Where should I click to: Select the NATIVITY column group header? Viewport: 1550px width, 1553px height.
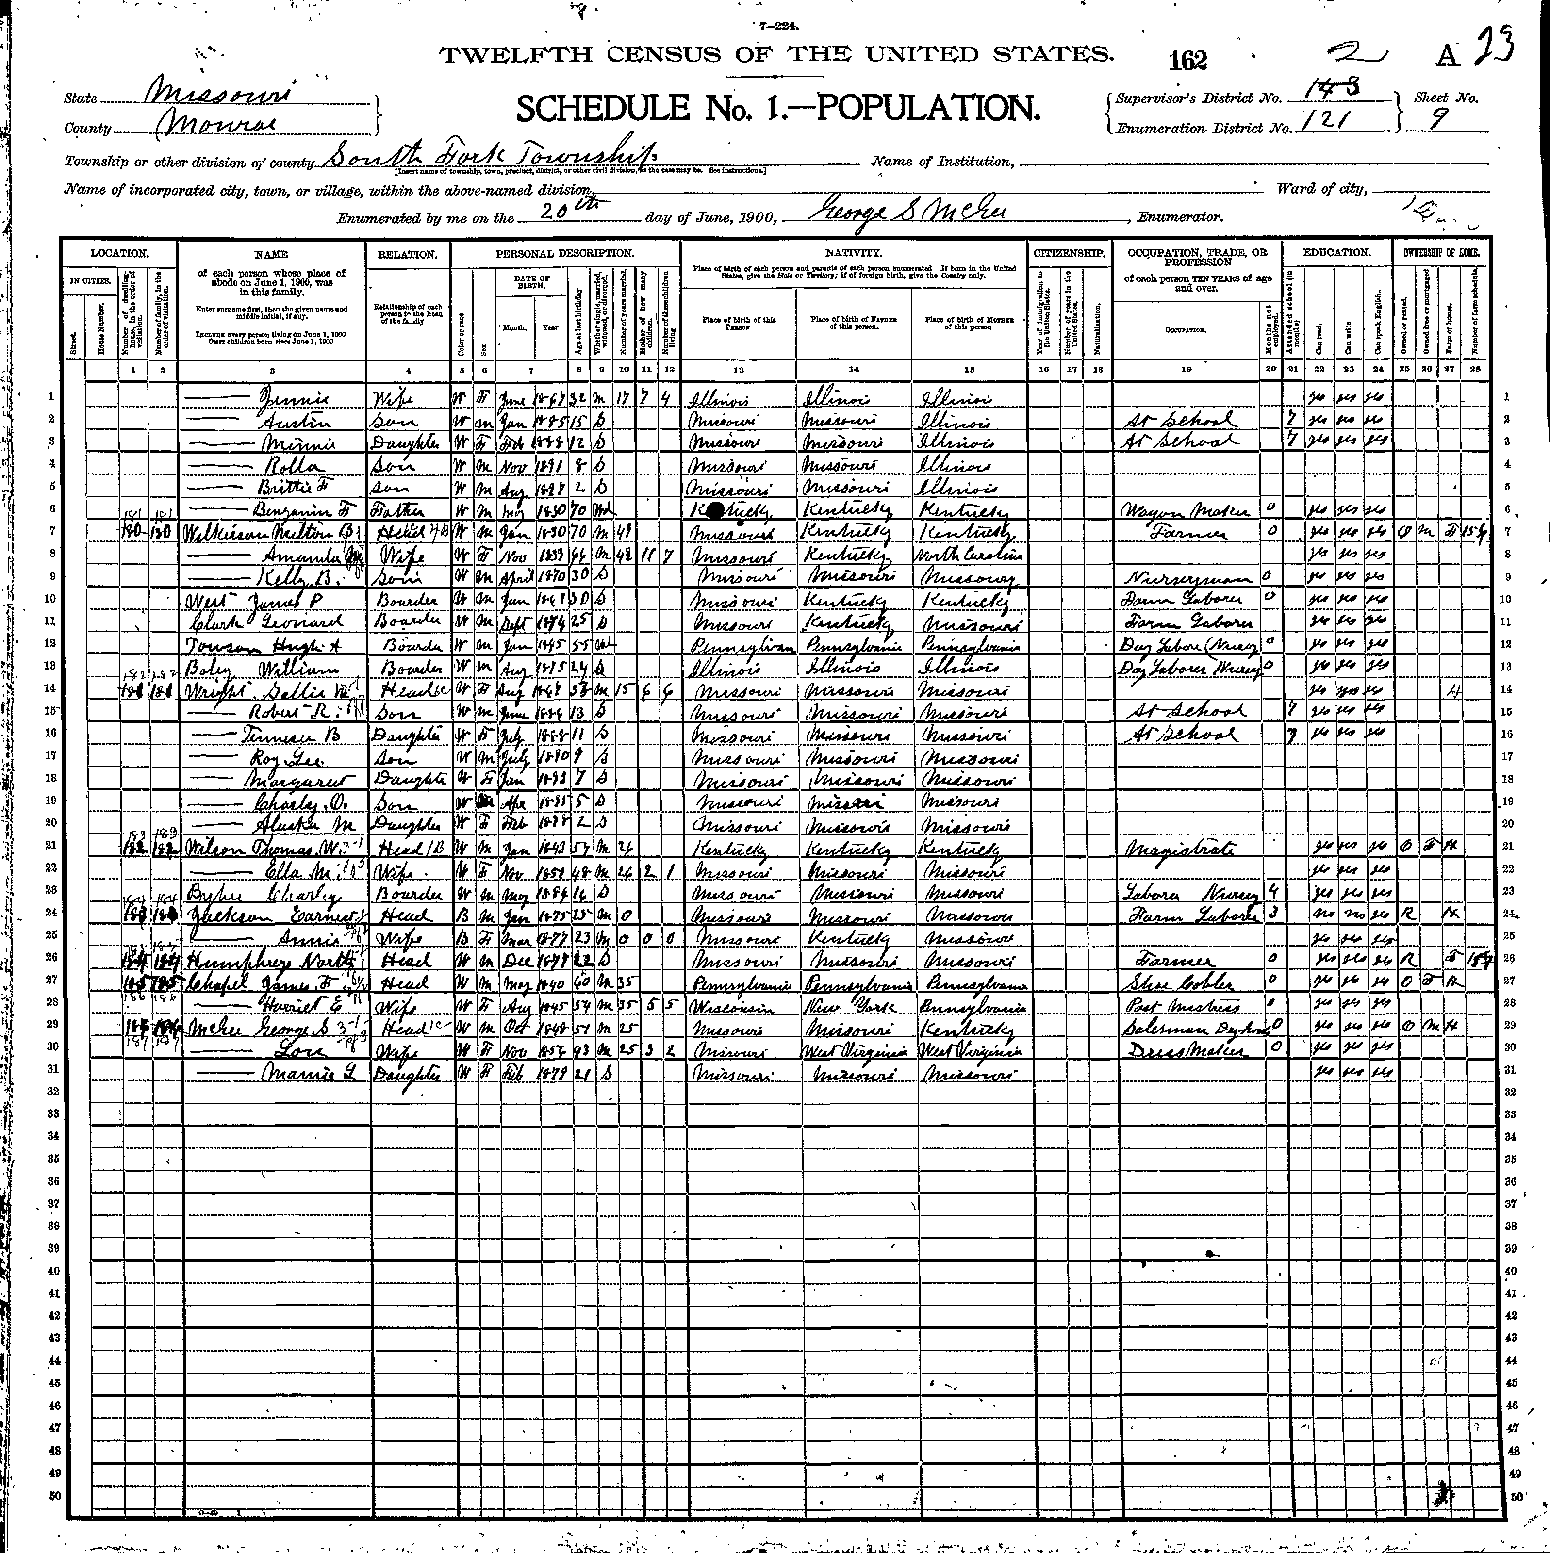(853, 252)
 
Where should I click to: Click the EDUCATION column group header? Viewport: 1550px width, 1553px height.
(1336, 252)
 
